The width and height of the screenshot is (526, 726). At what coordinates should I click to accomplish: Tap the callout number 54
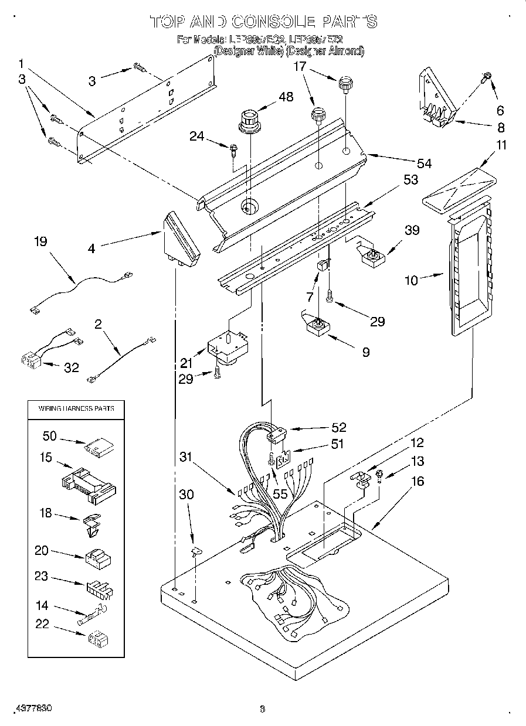tap(423, 163)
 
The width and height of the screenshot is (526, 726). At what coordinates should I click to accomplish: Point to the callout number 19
tap(40, 242)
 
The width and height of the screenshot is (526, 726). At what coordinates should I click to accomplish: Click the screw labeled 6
tap(487, 76)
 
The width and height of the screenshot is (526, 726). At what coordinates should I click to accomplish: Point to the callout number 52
tap(338, 427)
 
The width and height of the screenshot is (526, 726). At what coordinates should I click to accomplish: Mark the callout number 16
tap(418, 482)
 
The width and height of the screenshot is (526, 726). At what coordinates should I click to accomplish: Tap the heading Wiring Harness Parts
tap(76, 408)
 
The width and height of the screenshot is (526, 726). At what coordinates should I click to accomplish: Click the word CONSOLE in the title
tap(273, 22)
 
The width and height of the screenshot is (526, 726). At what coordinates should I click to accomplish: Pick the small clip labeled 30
tap(196, 550)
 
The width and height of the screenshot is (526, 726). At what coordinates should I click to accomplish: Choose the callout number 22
tap(42, 625)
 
